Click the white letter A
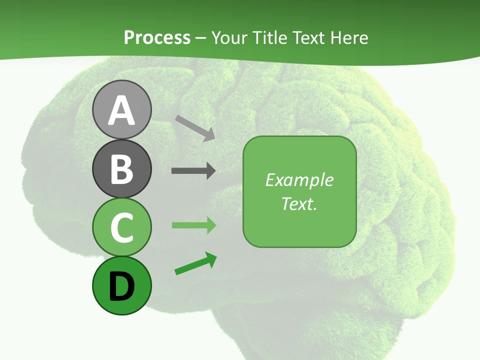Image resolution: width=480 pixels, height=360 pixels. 121,111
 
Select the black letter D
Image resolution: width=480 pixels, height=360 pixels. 121,286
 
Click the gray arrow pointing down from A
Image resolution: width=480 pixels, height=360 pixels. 195,128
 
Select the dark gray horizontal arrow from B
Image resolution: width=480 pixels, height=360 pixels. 193,171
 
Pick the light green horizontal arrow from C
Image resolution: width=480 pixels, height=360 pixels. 194,225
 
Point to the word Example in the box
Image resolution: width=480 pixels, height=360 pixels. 299,180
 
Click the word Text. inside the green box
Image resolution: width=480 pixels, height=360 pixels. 299,203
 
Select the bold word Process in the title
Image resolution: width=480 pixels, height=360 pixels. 157,37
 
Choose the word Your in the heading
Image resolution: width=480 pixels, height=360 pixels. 230,37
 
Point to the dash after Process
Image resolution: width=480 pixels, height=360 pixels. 201,38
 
